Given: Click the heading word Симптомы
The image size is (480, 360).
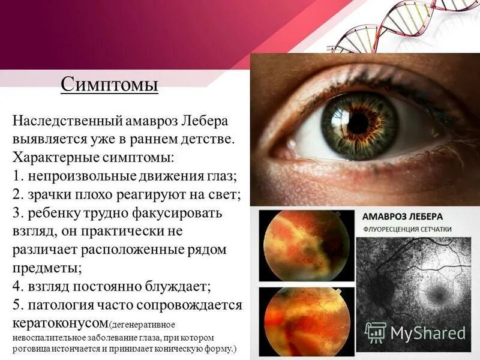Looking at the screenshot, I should (x=109, y=84).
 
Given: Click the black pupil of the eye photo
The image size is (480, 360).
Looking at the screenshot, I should (x=358, y=123).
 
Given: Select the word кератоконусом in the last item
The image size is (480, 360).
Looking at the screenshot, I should (x=60, y=322).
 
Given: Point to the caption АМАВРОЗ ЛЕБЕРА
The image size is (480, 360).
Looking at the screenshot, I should (x=403, y=216).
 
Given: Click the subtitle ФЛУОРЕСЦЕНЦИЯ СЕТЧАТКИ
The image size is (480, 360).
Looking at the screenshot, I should (x=408, y=230).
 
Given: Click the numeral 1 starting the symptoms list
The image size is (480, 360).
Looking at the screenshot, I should (x=16, y=176).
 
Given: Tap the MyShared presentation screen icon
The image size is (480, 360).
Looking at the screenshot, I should (x=376, y=332).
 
